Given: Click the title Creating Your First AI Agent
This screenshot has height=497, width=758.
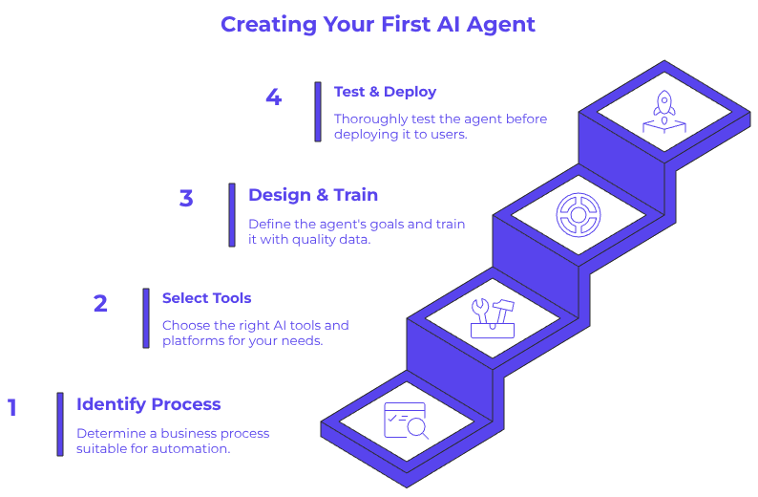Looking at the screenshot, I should (x=378, y=24).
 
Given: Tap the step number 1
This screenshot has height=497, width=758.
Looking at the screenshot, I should (x=12, y=408).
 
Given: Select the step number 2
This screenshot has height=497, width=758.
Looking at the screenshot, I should (x=100, y=304).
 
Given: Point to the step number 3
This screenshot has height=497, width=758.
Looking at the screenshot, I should (x=186, y=199).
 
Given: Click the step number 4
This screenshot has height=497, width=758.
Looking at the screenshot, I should (x=274, y=97).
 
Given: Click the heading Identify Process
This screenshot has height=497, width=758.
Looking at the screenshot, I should (x=148, y=404).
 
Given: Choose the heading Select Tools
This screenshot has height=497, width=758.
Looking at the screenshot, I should (x=206, y=298).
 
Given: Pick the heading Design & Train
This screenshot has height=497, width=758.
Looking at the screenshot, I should (x=313, y=195).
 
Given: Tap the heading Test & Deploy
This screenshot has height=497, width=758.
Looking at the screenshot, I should (x=385, y=92).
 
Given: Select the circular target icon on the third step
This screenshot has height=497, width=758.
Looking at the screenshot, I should (x=577, y=214).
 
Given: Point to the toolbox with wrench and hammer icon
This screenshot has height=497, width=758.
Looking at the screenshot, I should (x=493, y=318).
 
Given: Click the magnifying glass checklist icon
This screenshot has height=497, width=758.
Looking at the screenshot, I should (x=406, y=421).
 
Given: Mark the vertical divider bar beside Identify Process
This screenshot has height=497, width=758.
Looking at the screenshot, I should (x=59, y=423).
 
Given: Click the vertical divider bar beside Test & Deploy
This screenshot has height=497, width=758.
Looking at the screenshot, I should (x=318, y=111).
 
